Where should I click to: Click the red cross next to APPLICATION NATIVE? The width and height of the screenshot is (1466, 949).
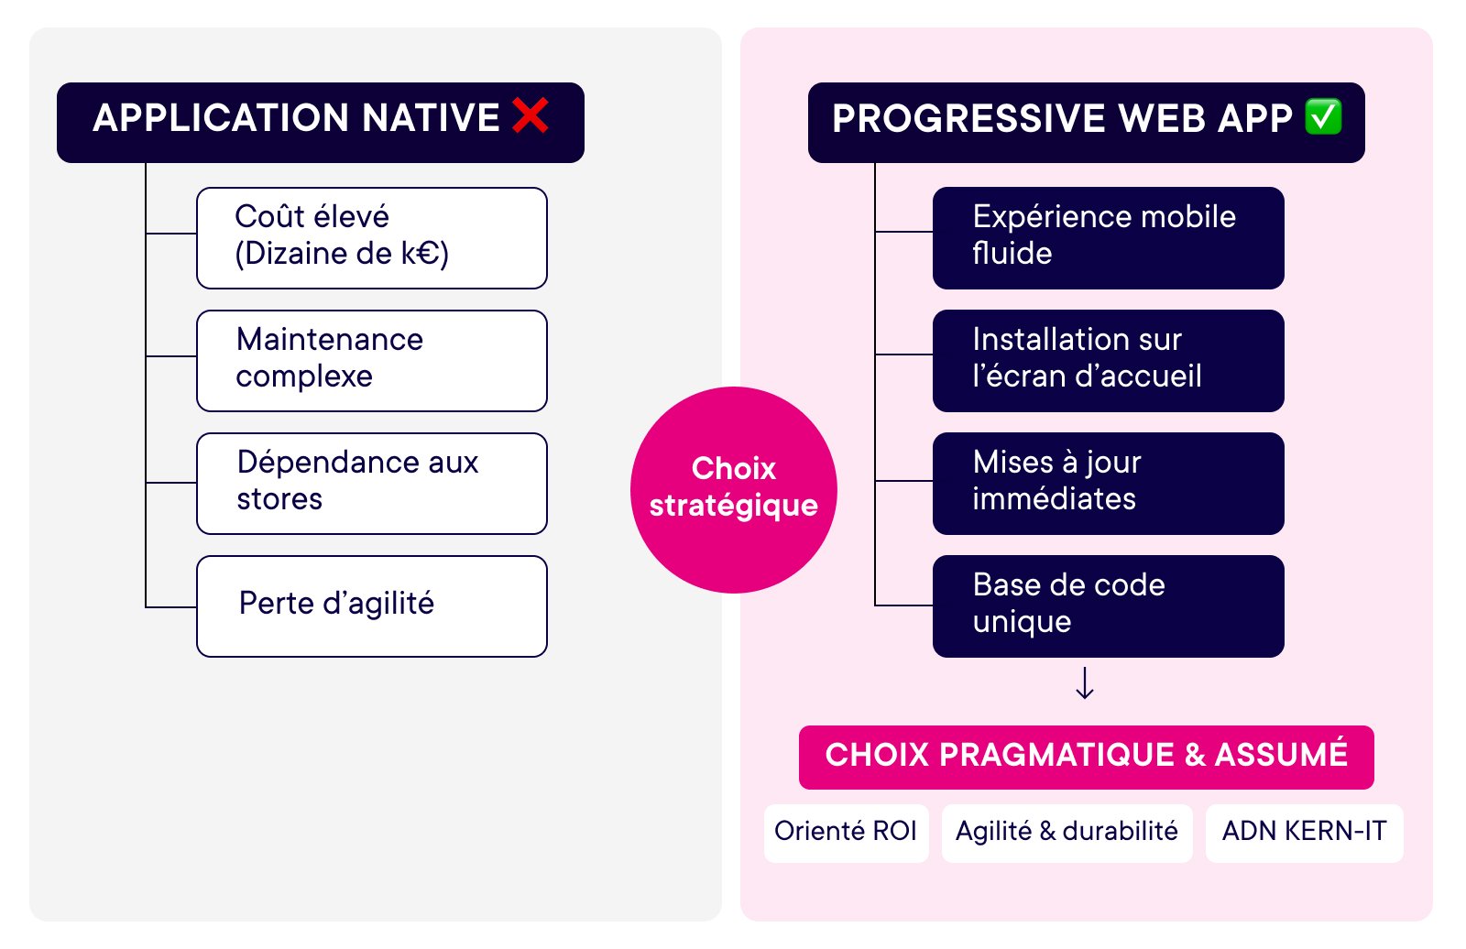[x=531, y=116]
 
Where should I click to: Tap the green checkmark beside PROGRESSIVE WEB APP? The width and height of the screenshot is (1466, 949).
[x=1323, y=116]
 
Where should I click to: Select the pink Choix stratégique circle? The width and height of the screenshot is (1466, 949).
[x=733, y=489]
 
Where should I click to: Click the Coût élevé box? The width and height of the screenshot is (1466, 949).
[x=372, y=238]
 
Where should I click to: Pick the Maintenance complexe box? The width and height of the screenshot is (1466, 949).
[x=372, y=361]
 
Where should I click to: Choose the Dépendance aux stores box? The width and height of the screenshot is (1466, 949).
[x=372, y=484]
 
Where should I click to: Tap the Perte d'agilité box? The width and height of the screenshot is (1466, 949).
[x=372, y=606]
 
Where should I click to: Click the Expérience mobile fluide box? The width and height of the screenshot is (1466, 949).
[x=1108, y=238]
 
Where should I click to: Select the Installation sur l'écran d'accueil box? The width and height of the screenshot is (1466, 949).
[x=1108, y=361]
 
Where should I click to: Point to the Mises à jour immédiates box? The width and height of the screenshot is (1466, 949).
[x=1108, y=484]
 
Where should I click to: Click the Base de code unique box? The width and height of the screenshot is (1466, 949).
[x=1108, y=606]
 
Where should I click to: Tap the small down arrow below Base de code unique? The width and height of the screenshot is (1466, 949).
[x=1085, y=683]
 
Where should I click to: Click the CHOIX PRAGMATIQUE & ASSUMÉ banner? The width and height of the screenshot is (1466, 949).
[x=1086, y=757]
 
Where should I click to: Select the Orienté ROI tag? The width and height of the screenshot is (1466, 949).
[x=846, y=832]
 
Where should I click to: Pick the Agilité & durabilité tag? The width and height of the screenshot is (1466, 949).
[x=1067, y=832]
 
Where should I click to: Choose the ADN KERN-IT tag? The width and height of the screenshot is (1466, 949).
[x=1304, y=832]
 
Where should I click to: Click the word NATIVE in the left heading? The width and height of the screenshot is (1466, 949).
[x=431, y=118]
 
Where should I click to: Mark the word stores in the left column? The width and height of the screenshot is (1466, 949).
[x=279, y=499]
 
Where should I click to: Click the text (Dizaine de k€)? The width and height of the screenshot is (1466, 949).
[x=342, y=254]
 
